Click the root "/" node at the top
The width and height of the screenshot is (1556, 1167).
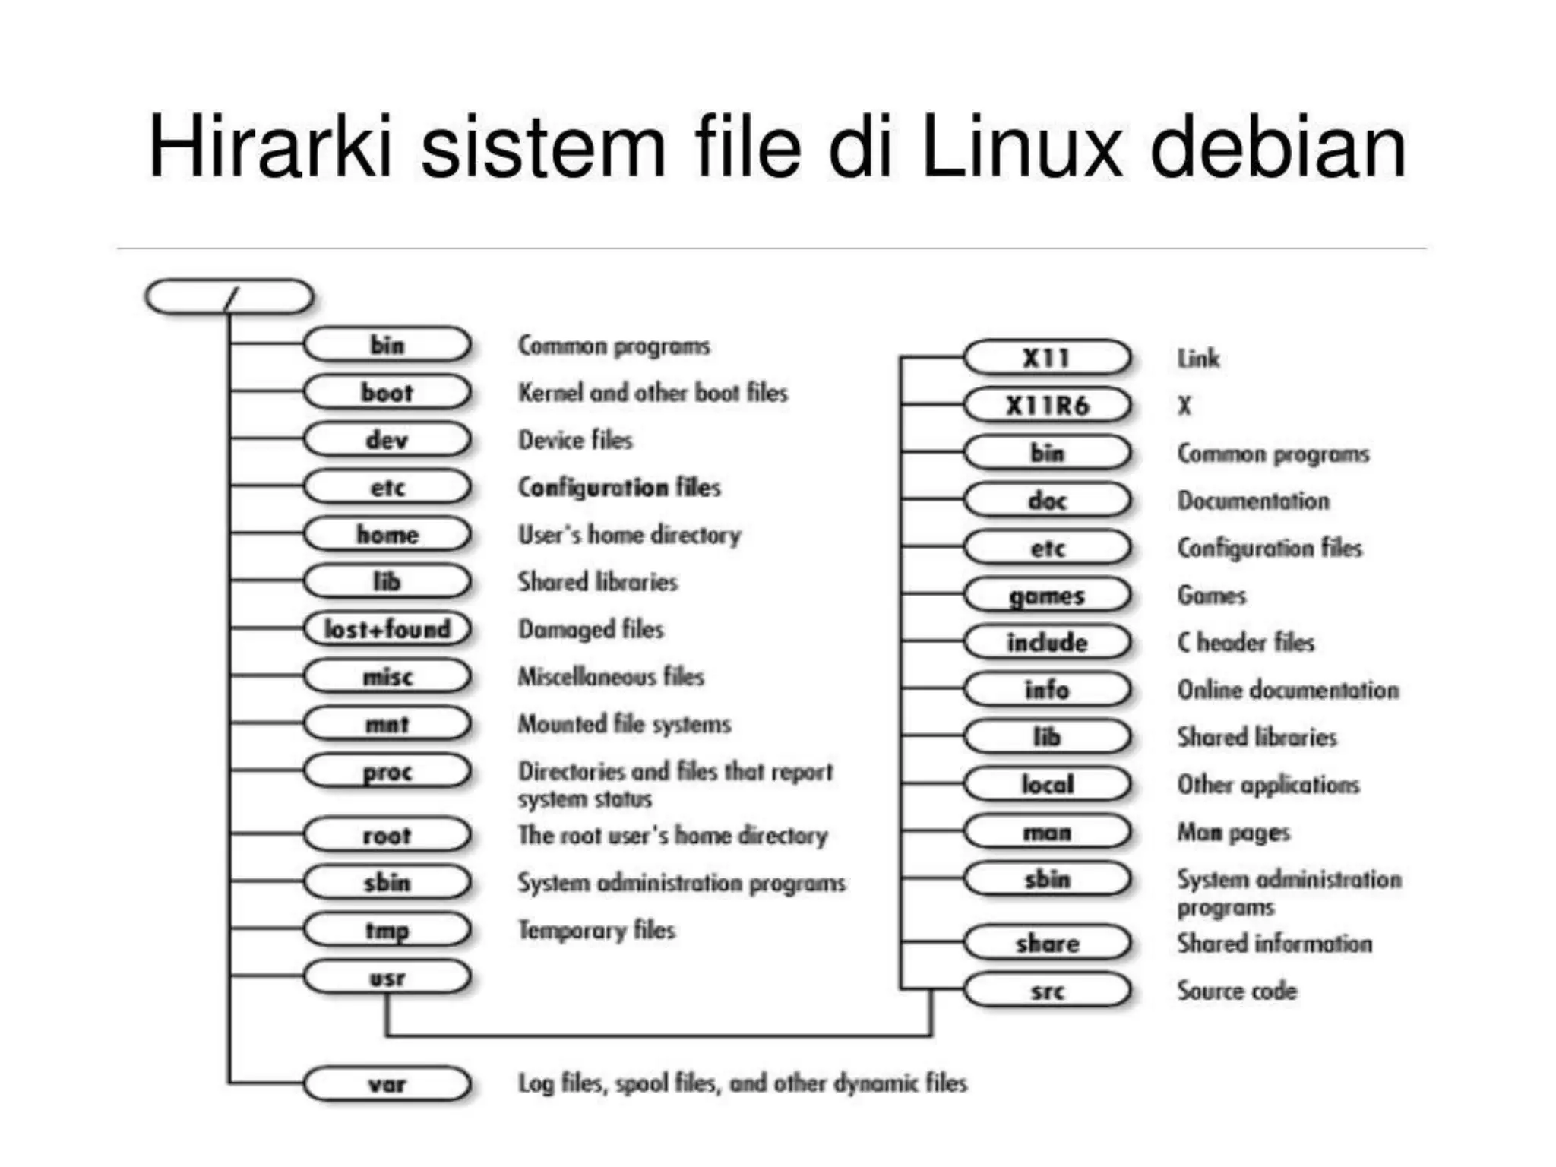(x=229, y=296)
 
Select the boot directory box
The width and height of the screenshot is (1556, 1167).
(x=387, y=392)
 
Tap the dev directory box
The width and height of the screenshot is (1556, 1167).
(x=387, y=439)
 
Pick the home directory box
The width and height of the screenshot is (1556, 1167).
(x=387, y=534)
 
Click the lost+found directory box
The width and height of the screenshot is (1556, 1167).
(x=387, y=628)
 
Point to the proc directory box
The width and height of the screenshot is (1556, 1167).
(x=387, y=771)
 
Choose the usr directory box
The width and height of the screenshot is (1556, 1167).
(x=387, y=977)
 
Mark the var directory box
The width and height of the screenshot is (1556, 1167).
(x=387, y=1083)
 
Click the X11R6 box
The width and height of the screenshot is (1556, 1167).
(x=1047, y=405)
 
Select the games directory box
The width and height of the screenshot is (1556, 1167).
(x=1047, y=595)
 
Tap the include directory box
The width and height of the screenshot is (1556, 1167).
(x=1047, y=642)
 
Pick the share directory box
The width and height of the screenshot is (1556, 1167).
(x=1047, y=943)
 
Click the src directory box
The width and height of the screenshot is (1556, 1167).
(x=1047, y=990)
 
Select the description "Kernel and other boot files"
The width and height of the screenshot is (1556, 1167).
(x=653, y=393)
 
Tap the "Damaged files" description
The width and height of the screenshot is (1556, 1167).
(x=590, y=629)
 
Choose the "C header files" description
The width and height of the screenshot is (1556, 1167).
(x=1245, y=643)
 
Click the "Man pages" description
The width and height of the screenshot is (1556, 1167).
(x=1233, y=833)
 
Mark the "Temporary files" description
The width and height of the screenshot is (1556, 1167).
(x=596, y=930)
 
